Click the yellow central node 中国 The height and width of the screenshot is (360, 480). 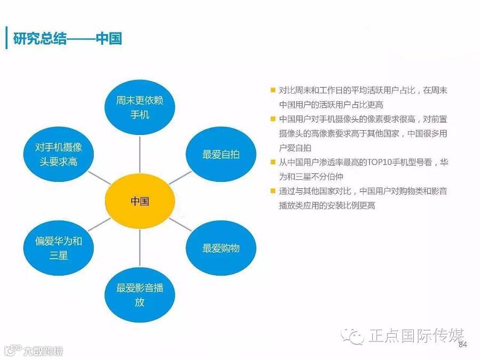[140, 202]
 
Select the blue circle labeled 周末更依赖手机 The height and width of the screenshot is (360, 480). [140, 107]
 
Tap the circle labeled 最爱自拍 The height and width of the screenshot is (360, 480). [221, 155]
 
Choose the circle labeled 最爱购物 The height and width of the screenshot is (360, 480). [221, 248]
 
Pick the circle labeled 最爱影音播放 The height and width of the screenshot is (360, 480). [140, 295]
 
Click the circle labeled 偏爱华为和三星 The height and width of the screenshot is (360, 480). [59, 248]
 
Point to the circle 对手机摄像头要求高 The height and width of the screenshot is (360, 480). [59, 154]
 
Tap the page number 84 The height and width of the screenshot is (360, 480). [462, 345]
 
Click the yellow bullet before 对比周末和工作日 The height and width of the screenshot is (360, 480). [273, 91]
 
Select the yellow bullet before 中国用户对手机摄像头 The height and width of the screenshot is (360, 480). [273, 119]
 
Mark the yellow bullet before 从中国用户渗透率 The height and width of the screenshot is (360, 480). [273, 162]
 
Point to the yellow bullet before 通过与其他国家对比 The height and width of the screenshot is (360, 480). [273, 191]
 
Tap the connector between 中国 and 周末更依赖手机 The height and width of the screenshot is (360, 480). [140, 155]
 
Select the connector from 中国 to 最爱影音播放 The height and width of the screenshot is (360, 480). [140, 248]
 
